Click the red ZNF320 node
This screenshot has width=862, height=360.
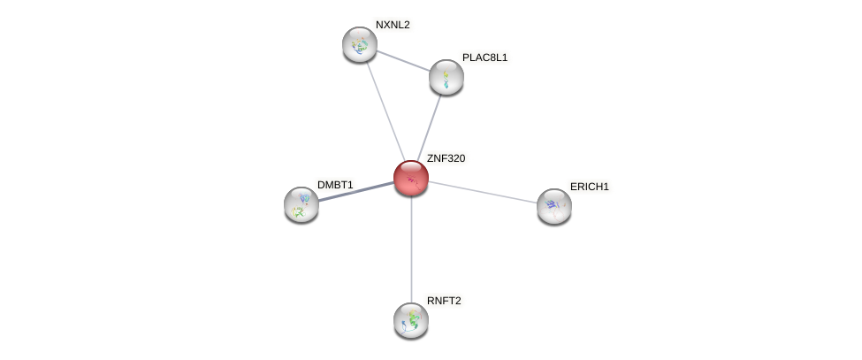(411, 178)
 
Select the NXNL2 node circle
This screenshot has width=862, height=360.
(360, 44)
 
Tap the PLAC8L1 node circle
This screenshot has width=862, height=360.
(446, 77)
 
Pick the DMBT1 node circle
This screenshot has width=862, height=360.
(301, 204)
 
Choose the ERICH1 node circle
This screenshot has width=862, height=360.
(554, 206)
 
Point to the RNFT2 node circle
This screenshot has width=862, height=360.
(411, 320)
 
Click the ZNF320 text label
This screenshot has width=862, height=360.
(446, 158)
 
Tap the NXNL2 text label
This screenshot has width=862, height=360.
(393, 25)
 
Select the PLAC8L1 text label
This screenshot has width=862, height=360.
(484, 57)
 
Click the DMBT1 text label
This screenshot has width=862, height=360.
(335, 185)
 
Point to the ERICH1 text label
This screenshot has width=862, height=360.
(589, 187)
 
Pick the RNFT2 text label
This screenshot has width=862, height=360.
(444, 301)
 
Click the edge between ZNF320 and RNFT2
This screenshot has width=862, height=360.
(411, 252)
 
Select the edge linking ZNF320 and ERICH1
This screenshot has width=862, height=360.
(483, 192)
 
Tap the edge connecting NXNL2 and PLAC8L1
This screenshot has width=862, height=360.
(403, 61)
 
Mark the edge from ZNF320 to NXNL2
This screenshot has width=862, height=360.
(385, 111)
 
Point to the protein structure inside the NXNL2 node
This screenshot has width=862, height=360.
(359, 45)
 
